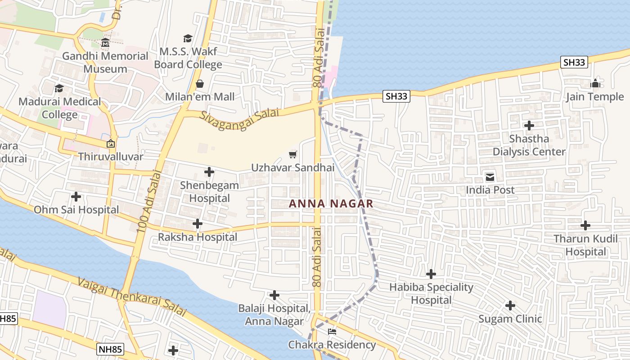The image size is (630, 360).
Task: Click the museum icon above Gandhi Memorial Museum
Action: (105, 43)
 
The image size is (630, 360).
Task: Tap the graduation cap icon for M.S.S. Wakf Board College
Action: (188, 39)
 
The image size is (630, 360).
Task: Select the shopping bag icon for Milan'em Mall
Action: (200, 84)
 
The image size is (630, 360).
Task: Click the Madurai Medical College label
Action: (60, 108)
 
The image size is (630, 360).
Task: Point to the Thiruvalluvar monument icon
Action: (110, 144)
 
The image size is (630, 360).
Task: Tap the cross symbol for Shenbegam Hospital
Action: (209, 172)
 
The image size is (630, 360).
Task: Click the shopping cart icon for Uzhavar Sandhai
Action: (293, 155)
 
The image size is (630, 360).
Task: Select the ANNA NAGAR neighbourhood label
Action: (331, 203)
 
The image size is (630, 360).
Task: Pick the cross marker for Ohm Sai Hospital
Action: (76, 197)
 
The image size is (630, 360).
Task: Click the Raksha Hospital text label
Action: (198, 237)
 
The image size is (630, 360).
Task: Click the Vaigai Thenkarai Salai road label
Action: (131, 297)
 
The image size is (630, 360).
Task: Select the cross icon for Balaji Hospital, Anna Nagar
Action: (274, 295)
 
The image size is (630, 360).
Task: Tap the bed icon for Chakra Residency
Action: (332, 332)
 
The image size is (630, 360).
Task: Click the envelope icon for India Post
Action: (490, 177)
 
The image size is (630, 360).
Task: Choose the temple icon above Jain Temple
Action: (595, 83)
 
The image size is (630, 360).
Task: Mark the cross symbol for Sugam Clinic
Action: (510, 306)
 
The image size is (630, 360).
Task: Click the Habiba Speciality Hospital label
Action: (431, 293)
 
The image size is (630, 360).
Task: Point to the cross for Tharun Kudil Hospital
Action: (585, 225)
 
